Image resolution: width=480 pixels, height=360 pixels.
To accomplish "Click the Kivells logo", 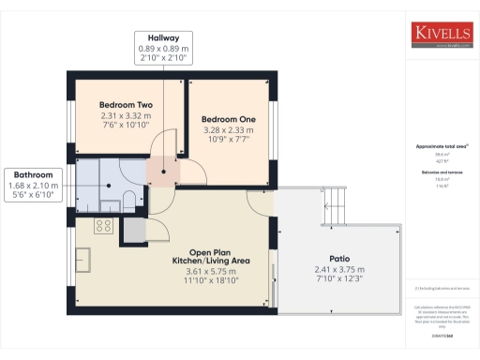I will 443,34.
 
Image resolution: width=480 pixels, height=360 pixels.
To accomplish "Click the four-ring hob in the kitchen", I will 103,226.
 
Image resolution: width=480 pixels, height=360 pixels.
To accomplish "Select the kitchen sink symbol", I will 82,257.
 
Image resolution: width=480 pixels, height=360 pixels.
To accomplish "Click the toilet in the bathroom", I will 128,199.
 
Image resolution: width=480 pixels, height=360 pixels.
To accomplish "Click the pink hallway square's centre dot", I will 163,171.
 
